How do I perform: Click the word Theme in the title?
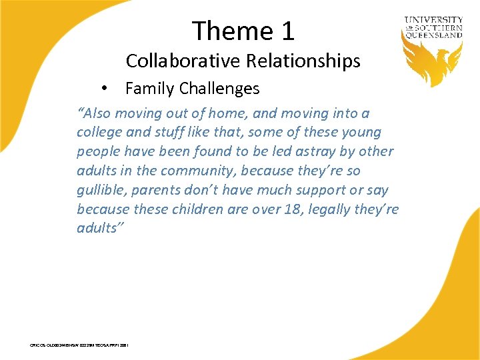(x=223, y=31)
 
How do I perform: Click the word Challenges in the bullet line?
(x=218, y=88)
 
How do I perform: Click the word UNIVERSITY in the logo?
(x=433, y=20)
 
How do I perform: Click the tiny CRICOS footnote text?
(x=79, y=345)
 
